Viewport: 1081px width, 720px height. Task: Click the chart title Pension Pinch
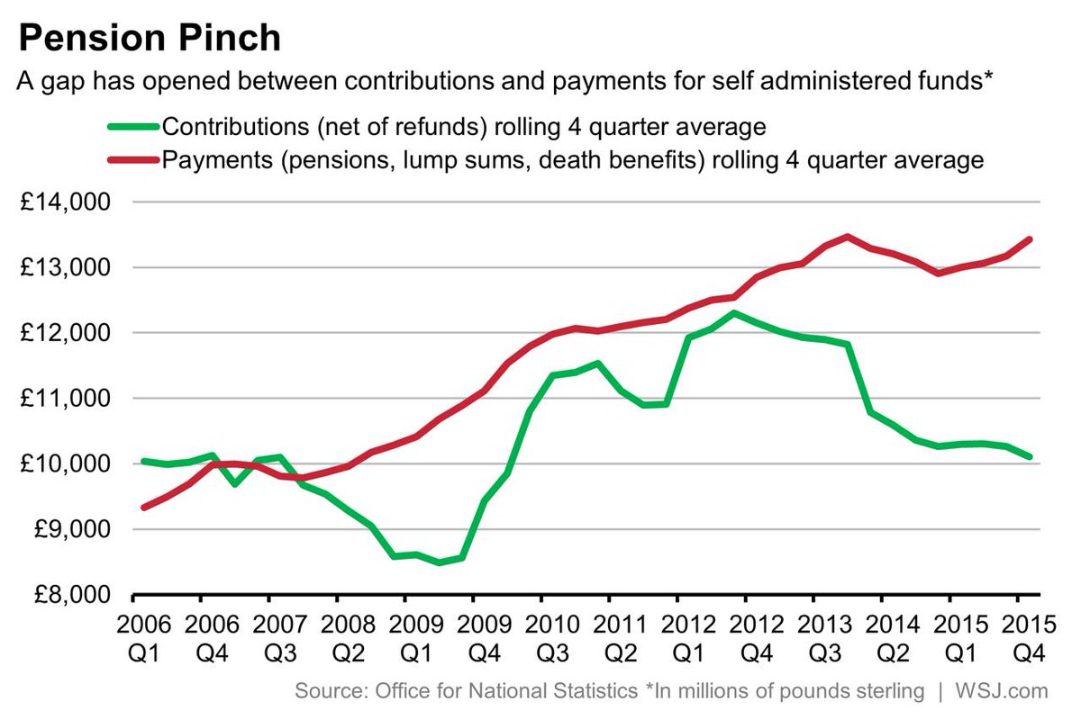[149, 39]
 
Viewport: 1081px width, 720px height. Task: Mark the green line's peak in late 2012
[735, 313]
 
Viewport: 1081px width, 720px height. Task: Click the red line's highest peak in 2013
[846, 237]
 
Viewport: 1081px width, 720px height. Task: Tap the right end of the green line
[1030, 457]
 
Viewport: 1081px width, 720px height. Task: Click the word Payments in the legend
[207, 161]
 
